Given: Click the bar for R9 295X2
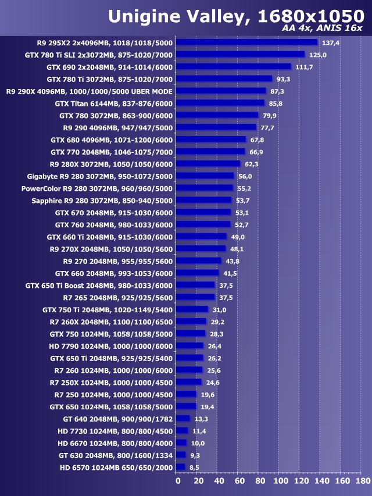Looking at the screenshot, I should (247, 42).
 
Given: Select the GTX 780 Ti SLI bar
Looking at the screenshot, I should (241, 55).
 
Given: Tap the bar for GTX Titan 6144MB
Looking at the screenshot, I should (220, 103).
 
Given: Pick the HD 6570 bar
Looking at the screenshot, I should (181, 467).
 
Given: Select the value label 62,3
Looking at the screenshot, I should (251, 164).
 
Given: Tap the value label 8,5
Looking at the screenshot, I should (194, 467).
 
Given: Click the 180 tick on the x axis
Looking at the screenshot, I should (362, 481).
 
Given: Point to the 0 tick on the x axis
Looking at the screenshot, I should (178, 481).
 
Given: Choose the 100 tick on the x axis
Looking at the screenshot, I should (280, 481).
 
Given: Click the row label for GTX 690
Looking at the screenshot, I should (109, 67).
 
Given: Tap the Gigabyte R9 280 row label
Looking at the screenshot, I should (100, 176).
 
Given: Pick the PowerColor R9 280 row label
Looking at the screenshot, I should (97, 188).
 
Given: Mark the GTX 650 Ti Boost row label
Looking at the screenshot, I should (99, 286).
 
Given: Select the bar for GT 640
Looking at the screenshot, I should (183, 419).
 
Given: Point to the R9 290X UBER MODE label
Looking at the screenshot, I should (90, 91).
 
